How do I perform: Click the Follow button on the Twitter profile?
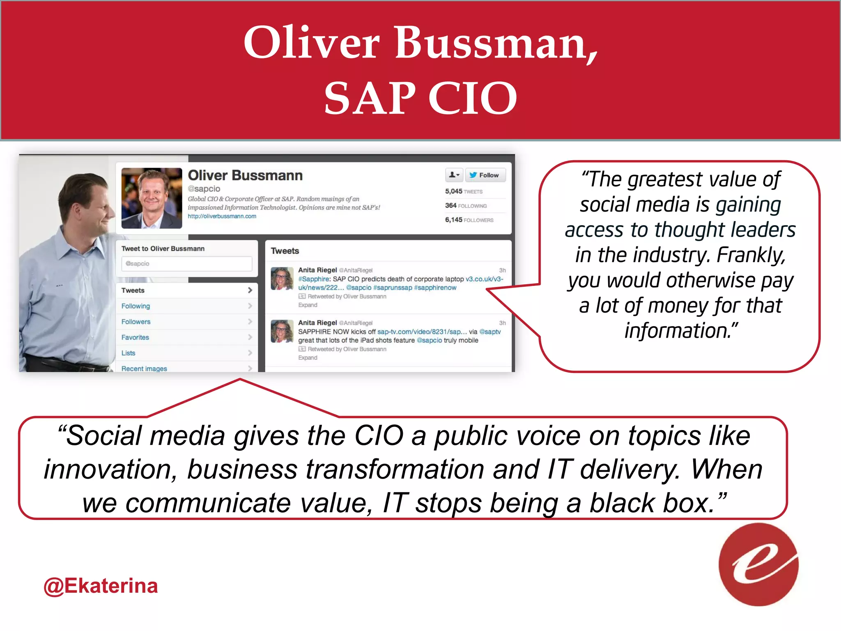coord(485,175)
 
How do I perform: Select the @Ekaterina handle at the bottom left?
coord(101,586)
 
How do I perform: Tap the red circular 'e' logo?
coord(758,564)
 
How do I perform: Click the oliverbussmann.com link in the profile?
coord(222,216)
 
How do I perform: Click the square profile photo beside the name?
coord(152,198)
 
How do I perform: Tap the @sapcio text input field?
coord(186,264)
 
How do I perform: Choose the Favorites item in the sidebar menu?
coord(135,337)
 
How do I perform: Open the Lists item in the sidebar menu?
coord(128,353)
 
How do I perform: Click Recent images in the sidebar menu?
coord(144,368)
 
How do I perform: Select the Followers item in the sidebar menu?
coord(136,322)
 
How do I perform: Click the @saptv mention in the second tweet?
coord(490,332)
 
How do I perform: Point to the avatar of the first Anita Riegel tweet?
coord(282,278)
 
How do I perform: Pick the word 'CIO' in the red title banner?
coord(472,98)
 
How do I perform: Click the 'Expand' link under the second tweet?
coord(308,358)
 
